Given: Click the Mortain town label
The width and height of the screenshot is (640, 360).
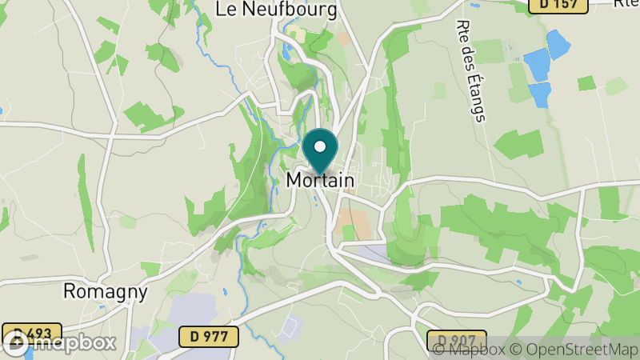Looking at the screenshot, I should click(320, 181).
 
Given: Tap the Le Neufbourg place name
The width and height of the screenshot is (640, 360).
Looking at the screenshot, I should click(274, 9).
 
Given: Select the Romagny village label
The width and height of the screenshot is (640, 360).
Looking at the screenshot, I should click(106, 292).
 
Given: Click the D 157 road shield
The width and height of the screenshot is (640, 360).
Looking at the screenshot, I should click(558, 5).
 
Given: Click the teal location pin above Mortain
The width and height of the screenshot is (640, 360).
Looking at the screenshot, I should click(321, 148).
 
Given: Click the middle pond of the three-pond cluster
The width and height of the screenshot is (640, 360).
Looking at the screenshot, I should click(538, 63).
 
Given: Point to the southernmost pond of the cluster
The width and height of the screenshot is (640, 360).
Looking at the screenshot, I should click(539, 94).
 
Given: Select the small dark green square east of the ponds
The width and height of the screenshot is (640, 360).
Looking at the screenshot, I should click(586, 82).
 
